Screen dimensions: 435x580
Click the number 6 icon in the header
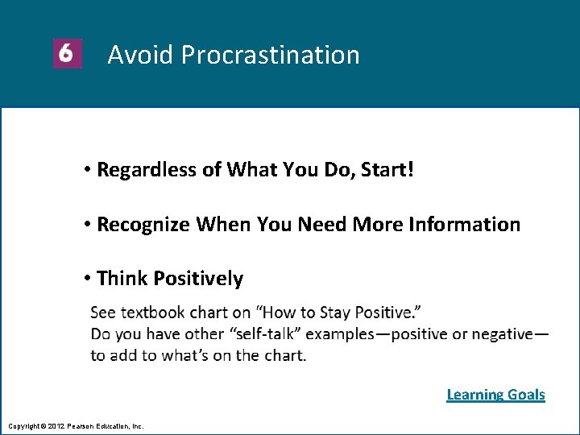(68, 54)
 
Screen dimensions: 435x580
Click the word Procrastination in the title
(270, 55)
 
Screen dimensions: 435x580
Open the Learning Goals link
(495, 394)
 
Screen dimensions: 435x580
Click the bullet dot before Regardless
(86, 170)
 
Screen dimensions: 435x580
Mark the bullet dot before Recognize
(86, 225)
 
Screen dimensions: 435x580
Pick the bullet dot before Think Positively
(86, 280)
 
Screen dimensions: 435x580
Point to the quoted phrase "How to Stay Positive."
(339, 312)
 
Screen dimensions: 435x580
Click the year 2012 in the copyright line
(56, 425)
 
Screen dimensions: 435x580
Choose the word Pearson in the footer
(81, 425)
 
